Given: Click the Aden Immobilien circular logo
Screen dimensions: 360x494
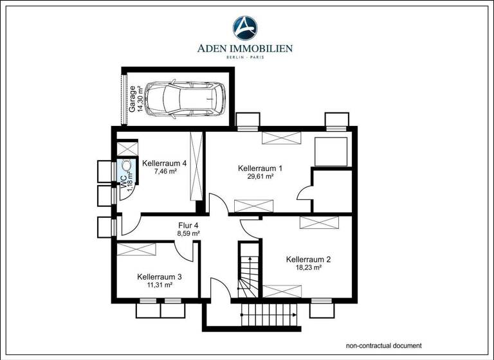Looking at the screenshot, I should pyautogui.click(x=244, y=28).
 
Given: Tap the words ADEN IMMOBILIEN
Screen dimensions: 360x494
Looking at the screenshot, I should pyautogui.click(x=245, y=48).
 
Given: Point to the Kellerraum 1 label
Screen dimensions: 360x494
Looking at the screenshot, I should pyautogui.click(x=261, y=168).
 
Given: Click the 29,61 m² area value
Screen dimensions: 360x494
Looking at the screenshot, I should pyautogui.click(x=261, y=177).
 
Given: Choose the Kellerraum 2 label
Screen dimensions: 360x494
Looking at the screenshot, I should pyautogui.click(x=309, y=260).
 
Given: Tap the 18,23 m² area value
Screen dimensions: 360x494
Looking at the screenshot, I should pyautogui.click(x=308, y=268).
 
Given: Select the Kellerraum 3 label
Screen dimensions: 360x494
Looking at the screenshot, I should pyautogui.click(x=160, y=277).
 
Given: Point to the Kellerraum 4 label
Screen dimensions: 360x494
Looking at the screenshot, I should pyautogui.click(x=165, y=163).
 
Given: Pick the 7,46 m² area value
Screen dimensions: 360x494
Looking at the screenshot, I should pyautogui.click(x=165, y=172).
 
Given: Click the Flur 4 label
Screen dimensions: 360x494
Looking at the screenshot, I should pyautogui.click(x=188, y=226).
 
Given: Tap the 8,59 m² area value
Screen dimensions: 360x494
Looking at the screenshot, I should pyautogui.click(x=188, y=234).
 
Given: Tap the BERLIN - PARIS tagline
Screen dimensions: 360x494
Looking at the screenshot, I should pyautogui.click(x=245, y=57).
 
